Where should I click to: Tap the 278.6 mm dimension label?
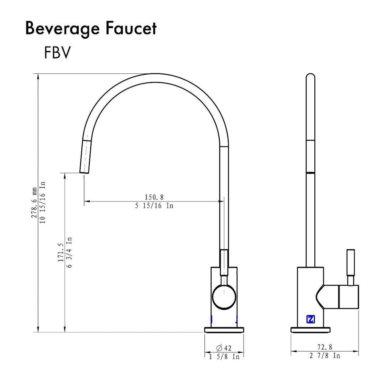coord(34,203)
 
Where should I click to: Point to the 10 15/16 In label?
coord(42,203)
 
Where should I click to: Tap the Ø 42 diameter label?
coord(224,348)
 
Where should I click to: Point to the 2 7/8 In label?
coord(325,356)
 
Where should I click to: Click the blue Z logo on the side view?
coord(311,319)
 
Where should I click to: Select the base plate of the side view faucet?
coord(311,330)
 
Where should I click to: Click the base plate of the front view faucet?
coord(224,330)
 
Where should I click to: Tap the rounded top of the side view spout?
coord(310,77)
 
